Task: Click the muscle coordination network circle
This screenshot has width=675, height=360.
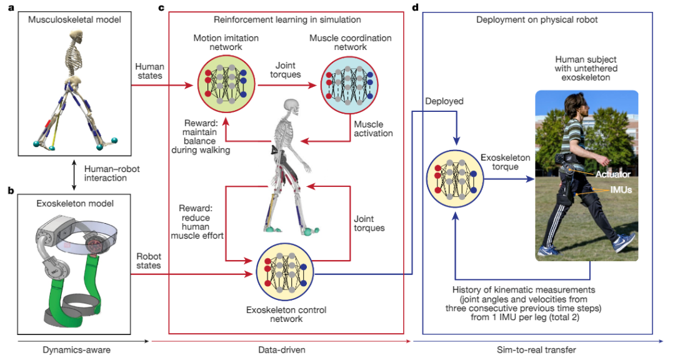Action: pos(349,79)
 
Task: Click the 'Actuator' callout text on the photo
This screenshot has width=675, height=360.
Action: pos(612,174)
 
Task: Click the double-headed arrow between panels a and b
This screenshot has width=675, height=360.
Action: pos(74,173)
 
